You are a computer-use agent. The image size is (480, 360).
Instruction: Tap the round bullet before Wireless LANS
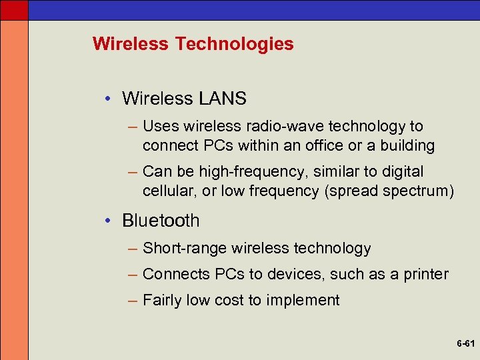[109, 99]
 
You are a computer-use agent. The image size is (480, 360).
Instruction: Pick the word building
[406, 145]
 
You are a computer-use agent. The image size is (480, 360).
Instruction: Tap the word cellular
[166, 191]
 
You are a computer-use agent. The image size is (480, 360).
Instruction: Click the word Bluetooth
[161, 221]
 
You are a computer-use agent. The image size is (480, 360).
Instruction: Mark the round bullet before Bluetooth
[109, 221]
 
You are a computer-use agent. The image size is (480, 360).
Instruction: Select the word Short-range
[185, 249]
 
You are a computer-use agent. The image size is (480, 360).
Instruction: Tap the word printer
[425, 274]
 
